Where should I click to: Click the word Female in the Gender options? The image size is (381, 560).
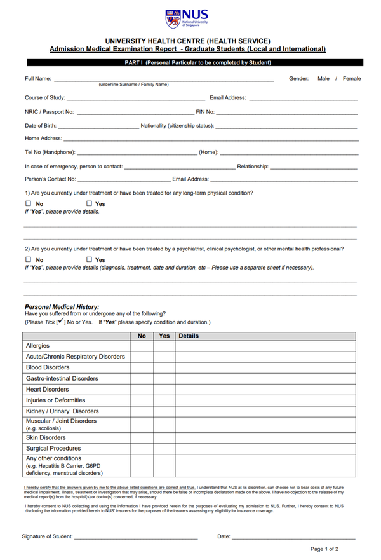(352, 79)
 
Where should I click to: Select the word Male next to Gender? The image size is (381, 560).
(323, 79)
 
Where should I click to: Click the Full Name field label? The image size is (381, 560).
(37, 79)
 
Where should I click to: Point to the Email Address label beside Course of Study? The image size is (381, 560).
(227, 97)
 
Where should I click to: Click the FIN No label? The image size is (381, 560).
(204, 112)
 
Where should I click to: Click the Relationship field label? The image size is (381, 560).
(252, 166)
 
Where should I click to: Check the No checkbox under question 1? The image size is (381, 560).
(29, 204)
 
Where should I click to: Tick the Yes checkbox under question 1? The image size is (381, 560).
(89, 204)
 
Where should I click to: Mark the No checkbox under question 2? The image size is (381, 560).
(29, 260)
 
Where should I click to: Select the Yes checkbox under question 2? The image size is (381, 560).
(89, 260)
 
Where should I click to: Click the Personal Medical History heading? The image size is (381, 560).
(62, 307)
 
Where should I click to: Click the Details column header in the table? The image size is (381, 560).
(189, 336)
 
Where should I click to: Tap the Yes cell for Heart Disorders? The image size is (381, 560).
(164, 389)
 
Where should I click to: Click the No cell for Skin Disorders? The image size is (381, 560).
(142, 437)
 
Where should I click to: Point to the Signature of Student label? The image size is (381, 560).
(47, 536)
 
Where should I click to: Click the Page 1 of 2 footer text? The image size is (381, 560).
(324, 549)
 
